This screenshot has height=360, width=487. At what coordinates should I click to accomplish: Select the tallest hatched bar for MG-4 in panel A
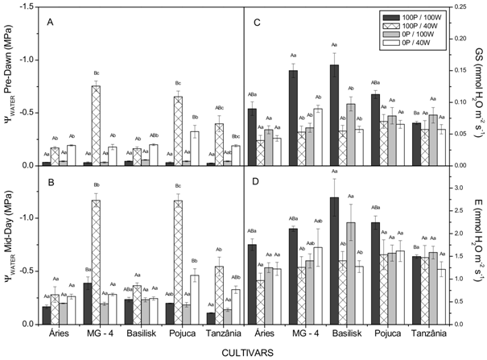coord(96,125)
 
